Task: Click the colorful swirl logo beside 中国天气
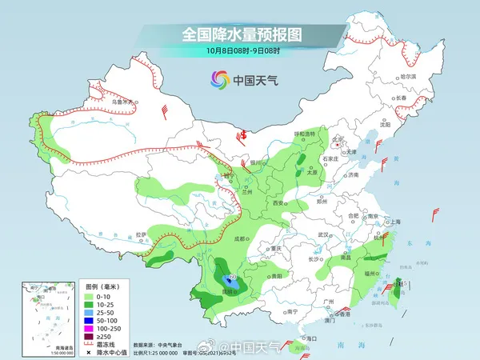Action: pos(219,80)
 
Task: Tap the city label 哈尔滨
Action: pos(408,76)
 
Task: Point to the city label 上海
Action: pos(394,222)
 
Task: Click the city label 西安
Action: pos(278,205)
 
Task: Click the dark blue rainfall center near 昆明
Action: pos(231,281)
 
